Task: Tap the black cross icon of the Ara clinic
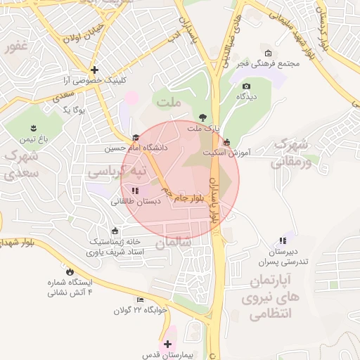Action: click(x=94, y=70)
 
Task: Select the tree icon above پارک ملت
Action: click(x=202, y=117)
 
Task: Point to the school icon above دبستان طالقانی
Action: click(x=135, y=191)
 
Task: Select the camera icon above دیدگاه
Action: click(x=246, y=86)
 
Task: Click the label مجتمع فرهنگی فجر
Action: click(x=268, y=64)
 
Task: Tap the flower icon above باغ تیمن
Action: click(x=32, y=127)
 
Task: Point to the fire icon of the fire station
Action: click(x=69, y=271)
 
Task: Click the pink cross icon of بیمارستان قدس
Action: click(x=167, y=344)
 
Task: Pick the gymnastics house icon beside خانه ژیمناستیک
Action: click(x=115, y=231)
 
